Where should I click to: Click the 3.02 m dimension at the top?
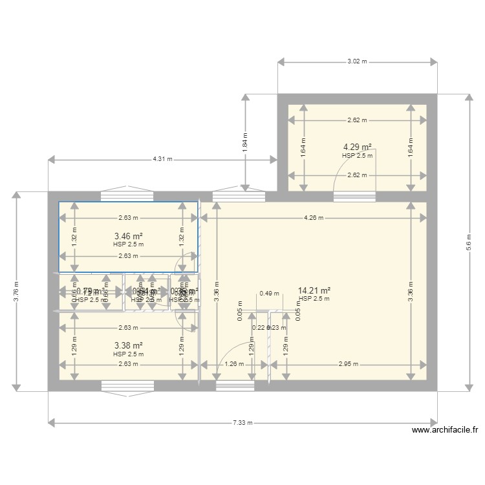click(x=356, y=62)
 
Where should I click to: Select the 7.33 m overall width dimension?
click(x=242, y=423)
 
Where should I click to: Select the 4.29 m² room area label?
click(x=356, y=147)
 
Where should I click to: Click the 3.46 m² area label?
click(x=128, y=236)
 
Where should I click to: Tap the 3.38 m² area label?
click(x=128, y=346)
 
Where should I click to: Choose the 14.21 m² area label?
click(x=314, y=291)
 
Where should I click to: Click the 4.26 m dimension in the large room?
click(x=313, y=218)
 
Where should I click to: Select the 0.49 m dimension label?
click(x=265, y=293)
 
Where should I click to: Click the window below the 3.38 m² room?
click(x=127, y=387)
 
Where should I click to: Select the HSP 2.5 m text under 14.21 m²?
click(x=314, y=299)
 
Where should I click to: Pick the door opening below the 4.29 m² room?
click(x=354, y=197)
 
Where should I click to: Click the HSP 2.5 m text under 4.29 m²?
click(x=356, y=155)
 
